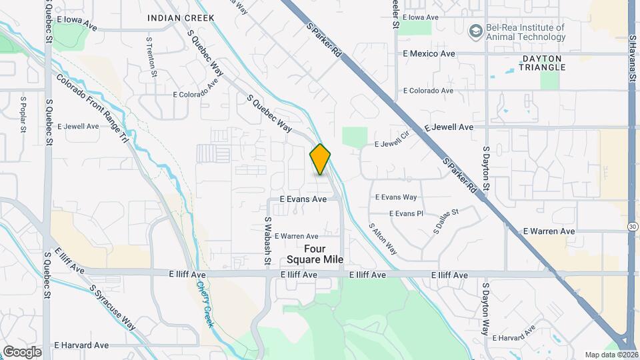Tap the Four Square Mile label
[x=306, y=254]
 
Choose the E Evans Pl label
[x=405, y=213]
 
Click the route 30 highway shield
[x=633, y=227]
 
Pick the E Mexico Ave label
[x=429, y=53]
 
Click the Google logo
[x=22, y=351]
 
